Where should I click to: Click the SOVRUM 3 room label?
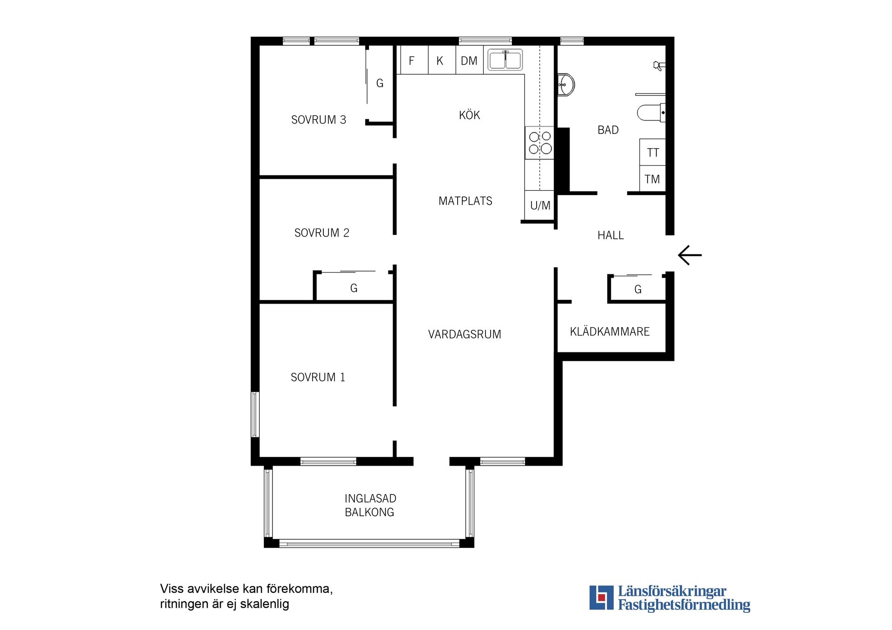pyautogui.click(x=319, y=120)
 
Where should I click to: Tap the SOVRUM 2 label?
pyautogui.click(x=322, y=233)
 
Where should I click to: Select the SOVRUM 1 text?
pyautogui.click(x=318, y=377)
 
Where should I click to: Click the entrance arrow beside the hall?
pyautogui.click(x=690, y=255)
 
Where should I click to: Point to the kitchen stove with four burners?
pyautogui.click(x=540, y=143)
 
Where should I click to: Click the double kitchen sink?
pyautogui.click(x=505, y=60)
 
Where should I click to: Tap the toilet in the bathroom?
pyautogui.click(x=651, y=113)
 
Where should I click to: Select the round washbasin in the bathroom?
pyautogui.click(x=566, y=84)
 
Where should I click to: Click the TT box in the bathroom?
pyautogui.click(x=653, y=152)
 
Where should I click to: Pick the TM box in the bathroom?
pyautogui.click(x=653, y=179)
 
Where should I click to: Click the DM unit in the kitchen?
pyautogui.click(x=469, y=60)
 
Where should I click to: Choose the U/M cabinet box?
pyautogui.click(x=540, y=205)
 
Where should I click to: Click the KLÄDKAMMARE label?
pyautogui.click(x=610, y=331)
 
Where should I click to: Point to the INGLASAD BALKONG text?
pyautogui.click(x=370, y=505)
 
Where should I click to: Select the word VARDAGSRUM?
pyautogui.click(x=465, y=334)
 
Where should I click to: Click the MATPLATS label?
pyautogui.click(x=466, y=201)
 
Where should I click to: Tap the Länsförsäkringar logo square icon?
pyautogui.click(x=601, y=598)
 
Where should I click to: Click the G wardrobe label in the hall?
pyautogui.click(x=638, y=290)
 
